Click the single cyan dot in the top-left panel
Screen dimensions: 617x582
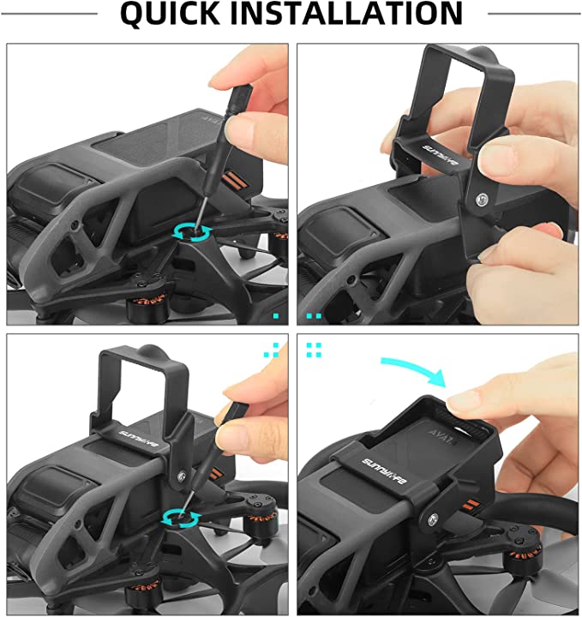pos(276,316)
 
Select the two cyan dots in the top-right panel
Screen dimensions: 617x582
pos(314,316)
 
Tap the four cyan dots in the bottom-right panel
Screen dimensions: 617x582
pos(314,349)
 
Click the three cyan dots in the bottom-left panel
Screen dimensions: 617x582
pos(273,349)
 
